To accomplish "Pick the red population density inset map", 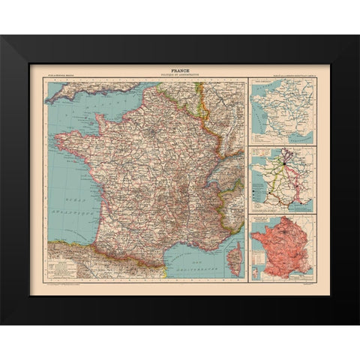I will (x=282, y=247).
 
